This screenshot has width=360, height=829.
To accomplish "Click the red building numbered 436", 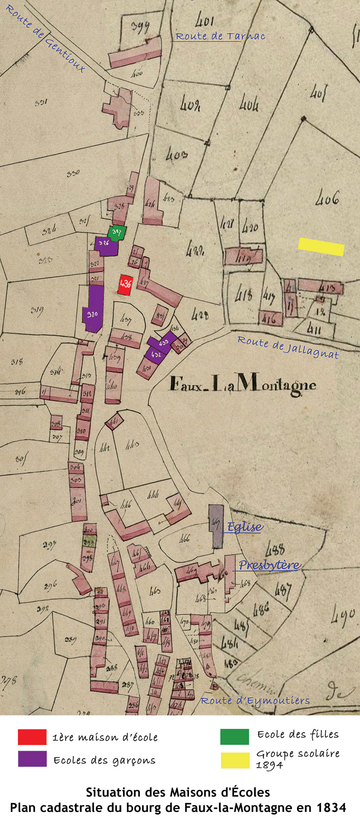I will pos(126,285).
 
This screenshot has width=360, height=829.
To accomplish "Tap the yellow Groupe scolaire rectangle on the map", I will pos(321,246).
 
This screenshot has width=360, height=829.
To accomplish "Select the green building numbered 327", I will pos(117,233).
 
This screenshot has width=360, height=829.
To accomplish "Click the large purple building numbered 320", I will pos(94,309).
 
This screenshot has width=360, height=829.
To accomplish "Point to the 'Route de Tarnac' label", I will pos(220,36).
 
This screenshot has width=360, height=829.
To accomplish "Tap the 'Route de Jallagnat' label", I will pos(288,347).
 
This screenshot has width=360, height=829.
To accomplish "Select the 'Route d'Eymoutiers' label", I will pos(255,701).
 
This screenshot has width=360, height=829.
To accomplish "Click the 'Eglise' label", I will pos(245,527).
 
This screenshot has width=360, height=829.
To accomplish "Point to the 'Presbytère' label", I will pos(269,565).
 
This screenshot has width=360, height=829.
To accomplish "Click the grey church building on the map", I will pos(216,526).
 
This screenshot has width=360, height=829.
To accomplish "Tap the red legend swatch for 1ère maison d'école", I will pos(32,737).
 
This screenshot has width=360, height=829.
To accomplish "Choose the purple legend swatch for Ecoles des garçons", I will pos(32,759).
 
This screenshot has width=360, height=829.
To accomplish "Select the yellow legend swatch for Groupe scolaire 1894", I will pos(234,760).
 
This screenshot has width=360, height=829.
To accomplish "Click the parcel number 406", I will pos(327,197).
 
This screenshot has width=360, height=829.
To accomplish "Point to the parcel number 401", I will pos(204,20).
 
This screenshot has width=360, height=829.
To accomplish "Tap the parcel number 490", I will pos(343,617).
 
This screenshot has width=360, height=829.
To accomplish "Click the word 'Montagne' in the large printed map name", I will pos(276,385).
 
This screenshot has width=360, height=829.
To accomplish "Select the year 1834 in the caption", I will pos(331,808).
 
